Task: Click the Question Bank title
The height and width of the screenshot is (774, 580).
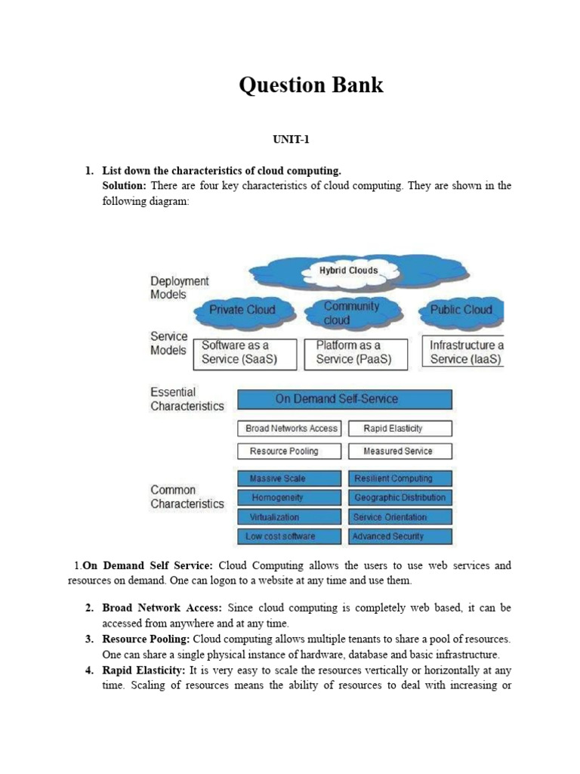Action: pyautogui.click(x=311, y=85)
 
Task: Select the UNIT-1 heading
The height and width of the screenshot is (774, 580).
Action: pyautogui.click(x=292, y=140)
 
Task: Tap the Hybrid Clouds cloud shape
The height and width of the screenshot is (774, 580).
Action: pyautogui.click(x=348, y=271)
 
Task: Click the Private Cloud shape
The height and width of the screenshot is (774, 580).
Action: pyautogui.click(x=242, y=310)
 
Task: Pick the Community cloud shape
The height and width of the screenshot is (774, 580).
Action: pyautogui.click(x=351, y=312)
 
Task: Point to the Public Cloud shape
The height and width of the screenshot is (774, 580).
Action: pyautogui.click(x=461, y=310)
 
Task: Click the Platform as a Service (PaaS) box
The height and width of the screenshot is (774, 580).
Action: pyautogui.click(x=355, y=353)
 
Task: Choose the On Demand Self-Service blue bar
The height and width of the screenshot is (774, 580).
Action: pyautogui.click(x=345, y=399)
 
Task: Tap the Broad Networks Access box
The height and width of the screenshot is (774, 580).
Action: pyautogui.click(x=290, y=429)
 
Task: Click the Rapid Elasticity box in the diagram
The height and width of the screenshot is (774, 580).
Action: pyautogui.click(x=400, y=429)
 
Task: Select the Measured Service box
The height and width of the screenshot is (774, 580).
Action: pyautogui.click(x=400, y=451)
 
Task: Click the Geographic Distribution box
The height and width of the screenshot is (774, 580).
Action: pyautogui.click(x=400, y=497)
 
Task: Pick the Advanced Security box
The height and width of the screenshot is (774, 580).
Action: pyautogui.click(x=400, y=537)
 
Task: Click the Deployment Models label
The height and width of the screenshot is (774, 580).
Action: pyautogui.click(x=179, y=288)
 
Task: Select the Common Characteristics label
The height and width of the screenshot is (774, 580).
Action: pyautogui.click(x=187, y=497)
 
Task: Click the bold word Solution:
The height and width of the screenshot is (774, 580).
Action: pyautogui.click(x=125, y=186)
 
